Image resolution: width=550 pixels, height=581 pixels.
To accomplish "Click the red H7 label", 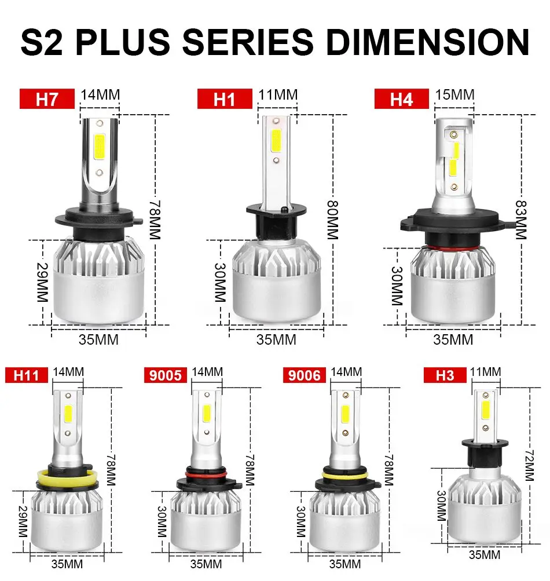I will [47, 99].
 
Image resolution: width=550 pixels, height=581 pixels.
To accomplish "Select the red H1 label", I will [225, 99].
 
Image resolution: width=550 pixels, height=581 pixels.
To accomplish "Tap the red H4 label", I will [401, 99].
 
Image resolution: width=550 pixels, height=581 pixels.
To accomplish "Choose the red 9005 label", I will [166, 375].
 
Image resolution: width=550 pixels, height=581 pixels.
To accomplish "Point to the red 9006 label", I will [305, 375].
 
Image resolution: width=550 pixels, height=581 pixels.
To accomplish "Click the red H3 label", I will [445, 375].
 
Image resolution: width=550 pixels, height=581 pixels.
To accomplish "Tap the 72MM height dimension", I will [529, 463].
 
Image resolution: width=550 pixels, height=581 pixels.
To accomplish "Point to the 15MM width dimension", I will [454, 94].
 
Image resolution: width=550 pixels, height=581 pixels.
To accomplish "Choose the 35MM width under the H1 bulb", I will [276, 339].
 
